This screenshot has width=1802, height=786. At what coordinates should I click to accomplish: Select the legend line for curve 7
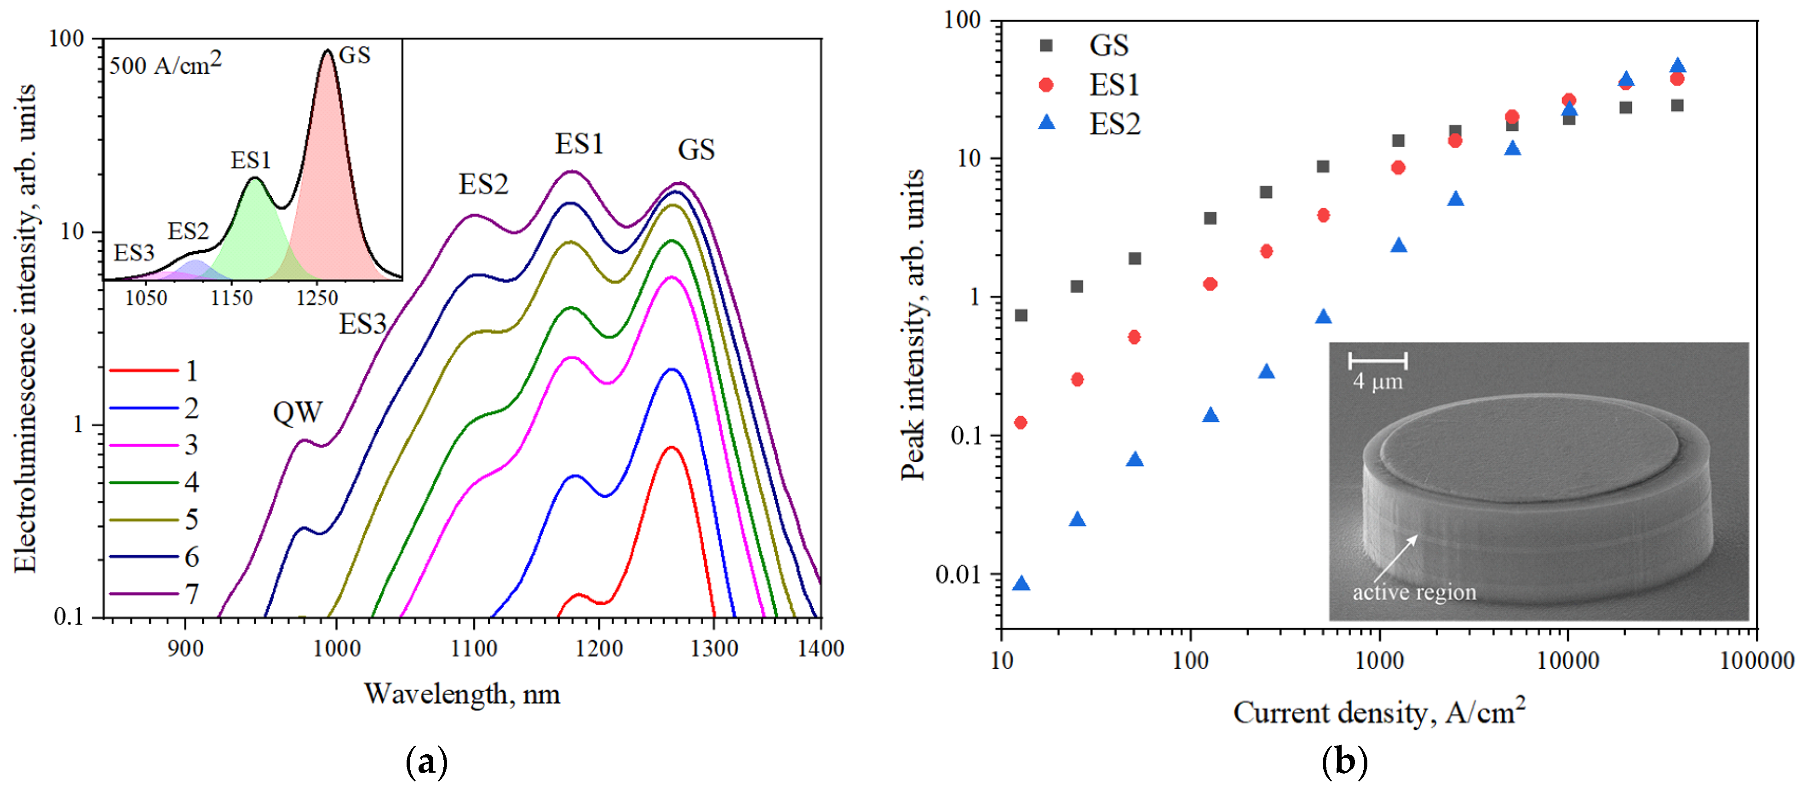click(143, 594)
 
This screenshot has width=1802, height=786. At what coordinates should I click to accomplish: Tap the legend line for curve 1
click(143, 371)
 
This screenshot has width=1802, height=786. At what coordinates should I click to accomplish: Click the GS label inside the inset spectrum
click(354, 55)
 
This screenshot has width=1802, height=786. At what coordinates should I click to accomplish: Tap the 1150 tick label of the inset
click(231, 298)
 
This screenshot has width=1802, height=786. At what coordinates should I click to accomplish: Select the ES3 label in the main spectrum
click(362, 324)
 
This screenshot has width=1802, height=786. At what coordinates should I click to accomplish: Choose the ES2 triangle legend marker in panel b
click(1046, 123)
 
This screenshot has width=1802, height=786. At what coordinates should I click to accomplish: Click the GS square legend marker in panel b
click(1046, 46)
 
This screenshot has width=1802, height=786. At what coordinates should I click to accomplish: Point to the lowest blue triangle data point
click(1022, 583)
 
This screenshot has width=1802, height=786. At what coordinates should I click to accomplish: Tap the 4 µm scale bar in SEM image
click(1377, 361)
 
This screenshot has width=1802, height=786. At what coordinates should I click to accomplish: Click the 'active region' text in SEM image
click(1414, 592)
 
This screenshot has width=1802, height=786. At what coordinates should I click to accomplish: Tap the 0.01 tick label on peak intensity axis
click(958, 575)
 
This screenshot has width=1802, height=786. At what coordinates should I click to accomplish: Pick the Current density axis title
click(1378, 712)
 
